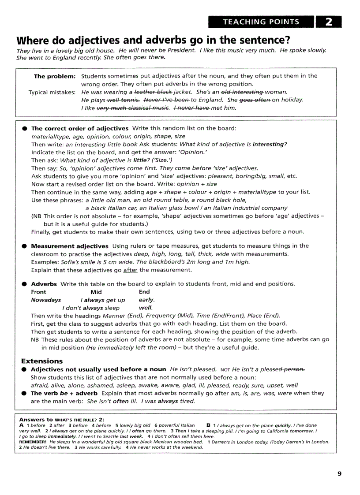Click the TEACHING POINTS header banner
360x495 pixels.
(x=261, y=22)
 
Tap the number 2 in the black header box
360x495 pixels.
(x=329, y=22)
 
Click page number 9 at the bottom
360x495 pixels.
(x=339, y=473)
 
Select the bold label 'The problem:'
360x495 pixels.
(x=55, y=76)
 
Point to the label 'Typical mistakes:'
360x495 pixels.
(x=52, y=92)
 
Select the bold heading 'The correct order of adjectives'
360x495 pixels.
(x=80, y=128)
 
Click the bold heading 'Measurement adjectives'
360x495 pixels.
(x=70, y=246)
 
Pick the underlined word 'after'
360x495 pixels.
(x=130, y=270)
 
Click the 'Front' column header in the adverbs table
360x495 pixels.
(x=38, y=292)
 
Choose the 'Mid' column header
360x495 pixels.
(x=96, y=292)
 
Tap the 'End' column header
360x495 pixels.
(x=144, y=292)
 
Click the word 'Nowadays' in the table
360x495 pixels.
(x=46, y=300)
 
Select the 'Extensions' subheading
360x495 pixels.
(x=42, y=361)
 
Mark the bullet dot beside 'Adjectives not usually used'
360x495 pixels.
(x=24, y=369)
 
